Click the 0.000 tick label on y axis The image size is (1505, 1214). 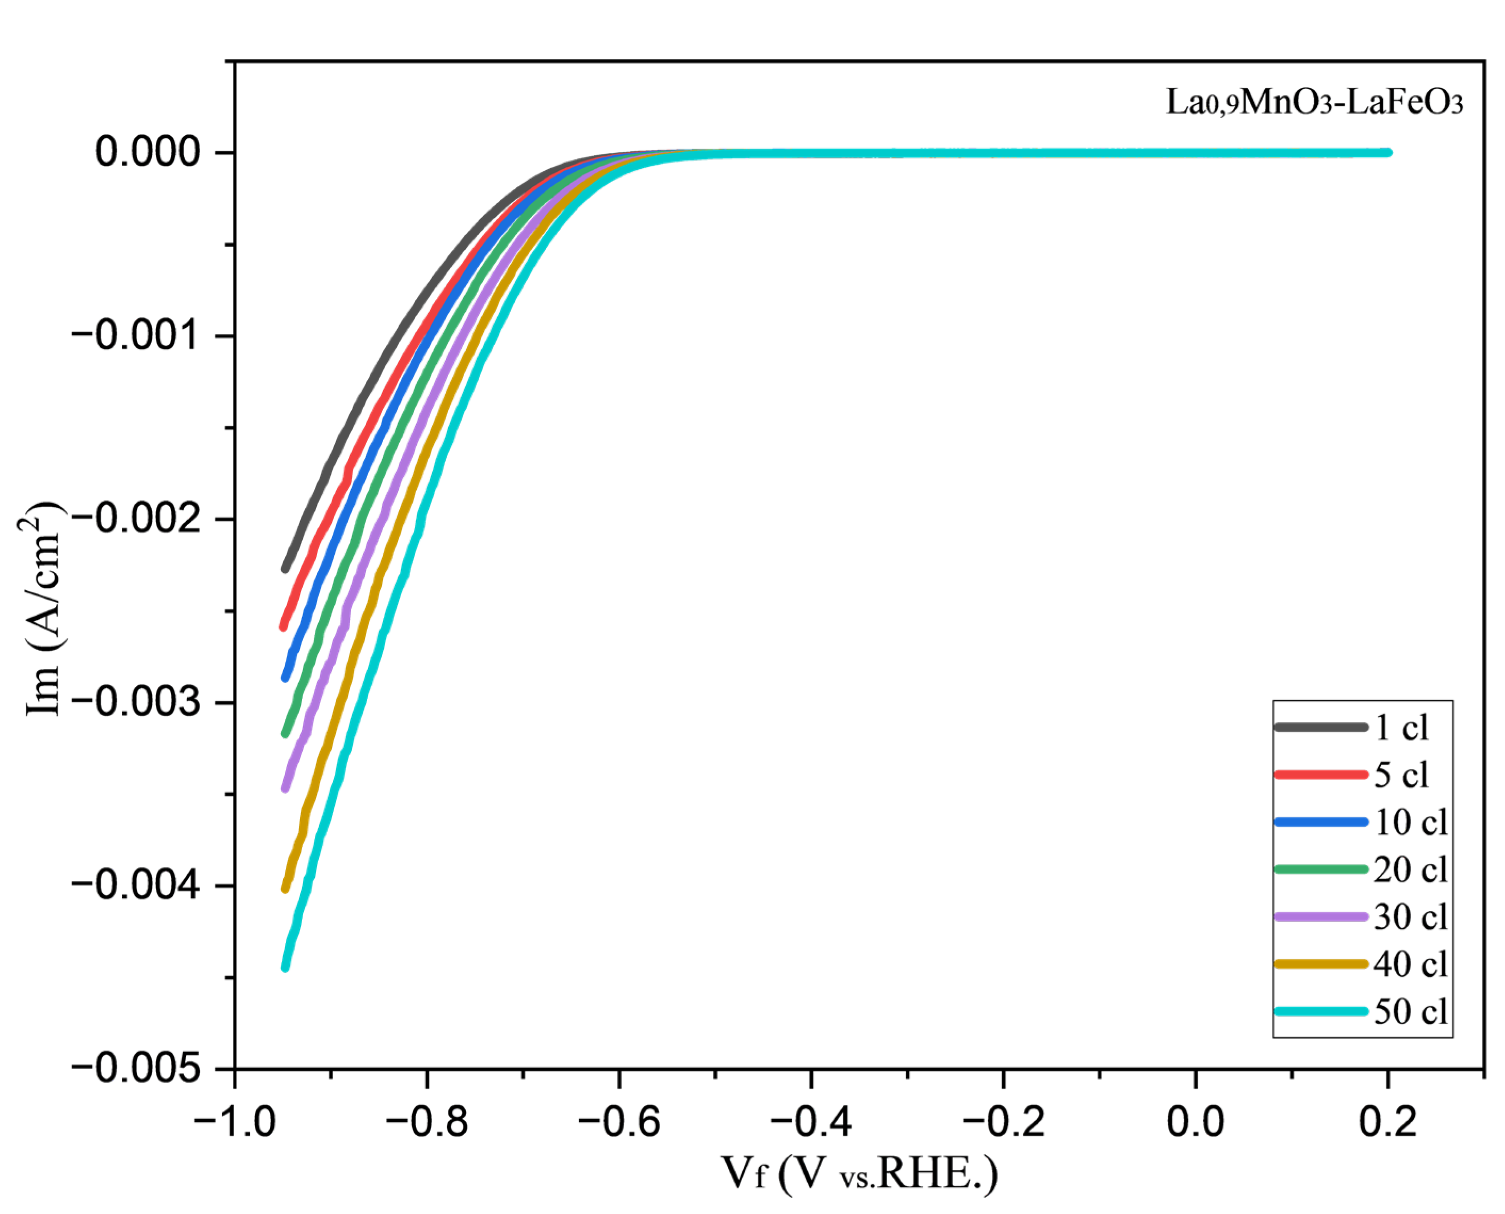[x=148, y=152]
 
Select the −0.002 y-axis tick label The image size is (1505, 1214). [x=136, y=519]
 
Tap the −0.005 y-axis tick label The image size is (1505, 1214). [x=136, y=1069]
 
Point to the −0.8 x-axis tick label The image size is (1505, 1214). [x=427, y=1123]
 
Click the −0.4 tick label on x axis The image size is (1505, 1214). [x=811, y=1123]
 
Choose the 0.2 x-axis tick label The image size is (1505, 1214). [x=1388, y=1123]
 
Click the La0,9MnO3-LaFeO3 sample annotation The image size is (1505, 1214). [x=1314, y=102]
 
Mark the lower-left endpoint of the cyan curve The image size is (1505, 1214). [x=285, y=967]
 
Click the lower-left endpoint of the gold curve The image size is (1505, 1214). [x=285, y=888]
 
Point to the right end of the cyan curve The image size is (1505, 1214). [x=1388, y=152]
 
